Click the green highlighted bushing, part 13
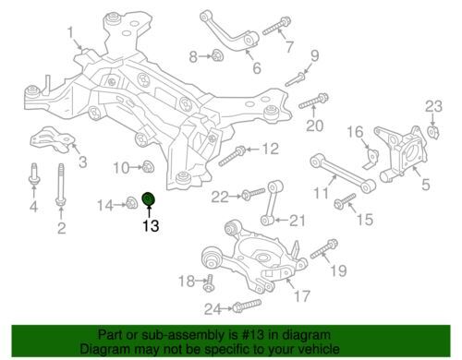point(149,198)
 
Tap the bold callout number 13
point(151,226)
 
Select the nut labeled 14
point(131,202)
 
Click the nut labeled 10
point(149,167)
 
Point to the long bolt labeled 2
point(61,184)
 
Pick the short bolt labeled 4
point(33,174)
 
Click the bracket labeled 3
point(53,139)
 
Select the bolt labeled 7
point(276,26)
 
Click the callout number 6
point(257,68)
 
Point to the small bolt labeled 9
point(295,79)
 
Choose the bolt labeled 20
point(313,101)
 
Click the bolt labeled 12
point(232,156)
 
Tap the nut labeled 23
point(433,132)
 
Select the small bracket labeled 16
point(371,158)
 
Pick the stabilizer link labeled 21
point(270,203)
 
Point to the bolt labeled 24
point(247,306)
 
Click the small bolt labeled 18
point(209,283)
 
